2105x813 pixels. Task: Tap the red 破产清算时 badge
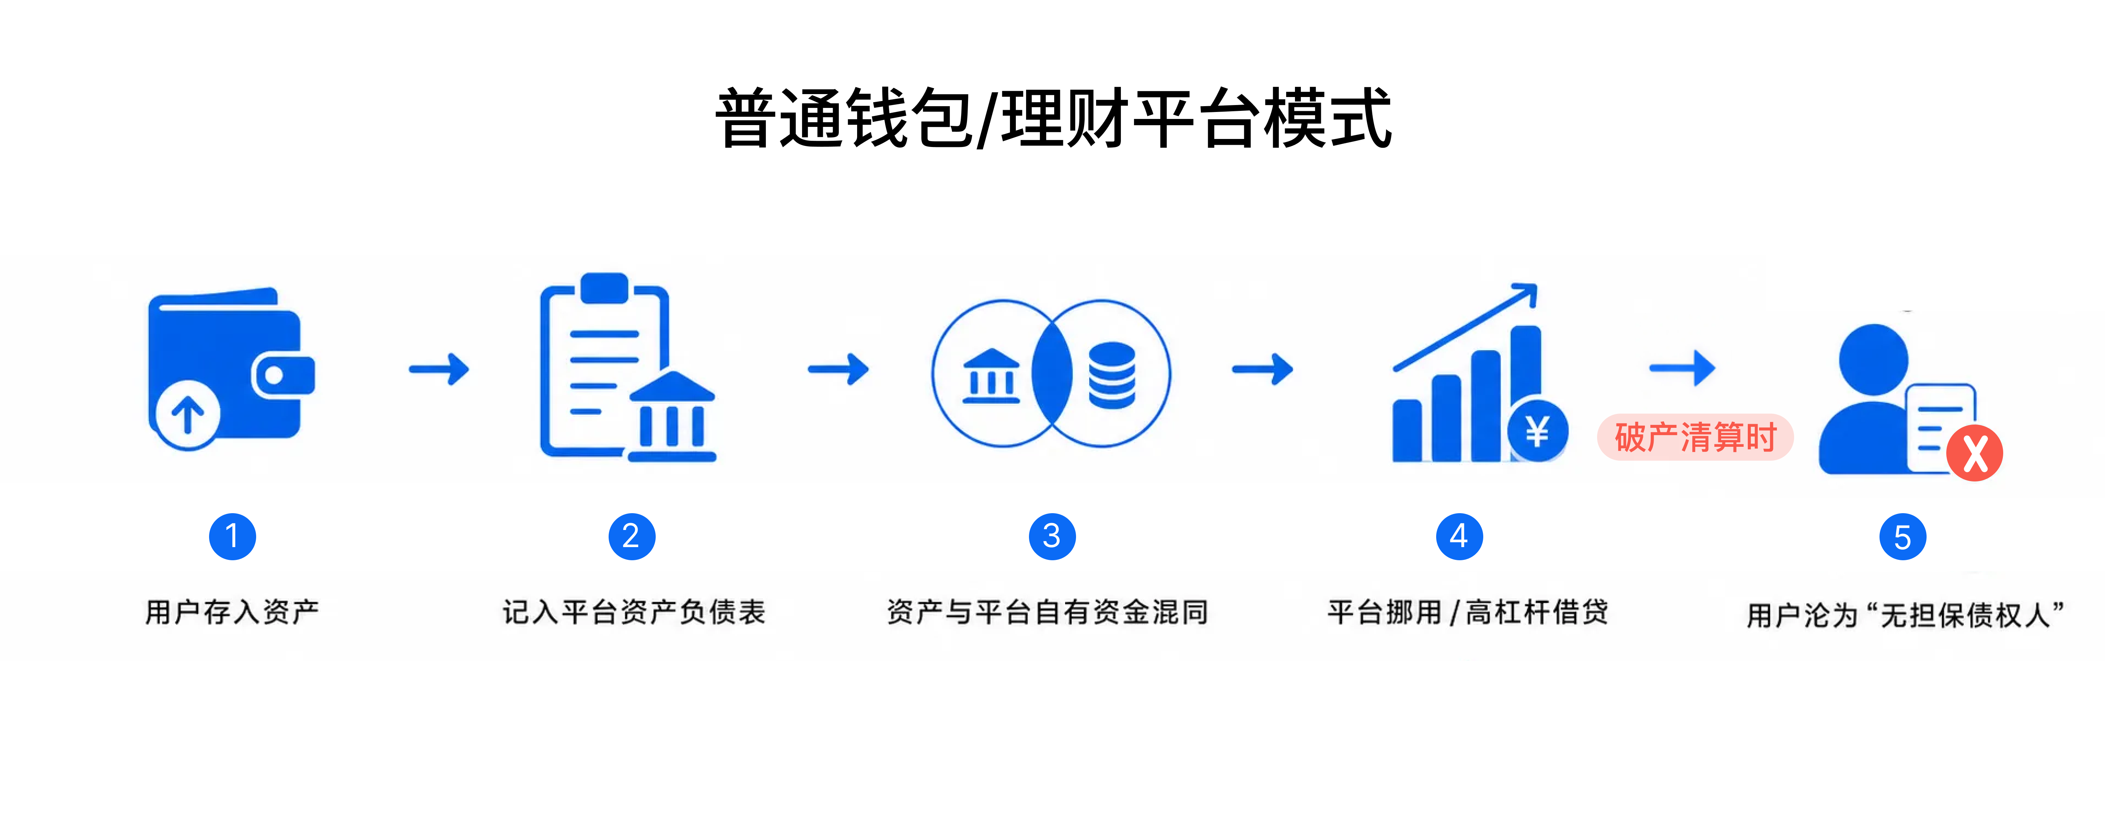click(x=1696, y=437)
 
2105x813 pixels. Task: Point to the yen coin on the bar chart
click(x=1537, y=431)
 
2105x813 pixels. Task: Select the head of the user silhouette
click(x=1874, y=360)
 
